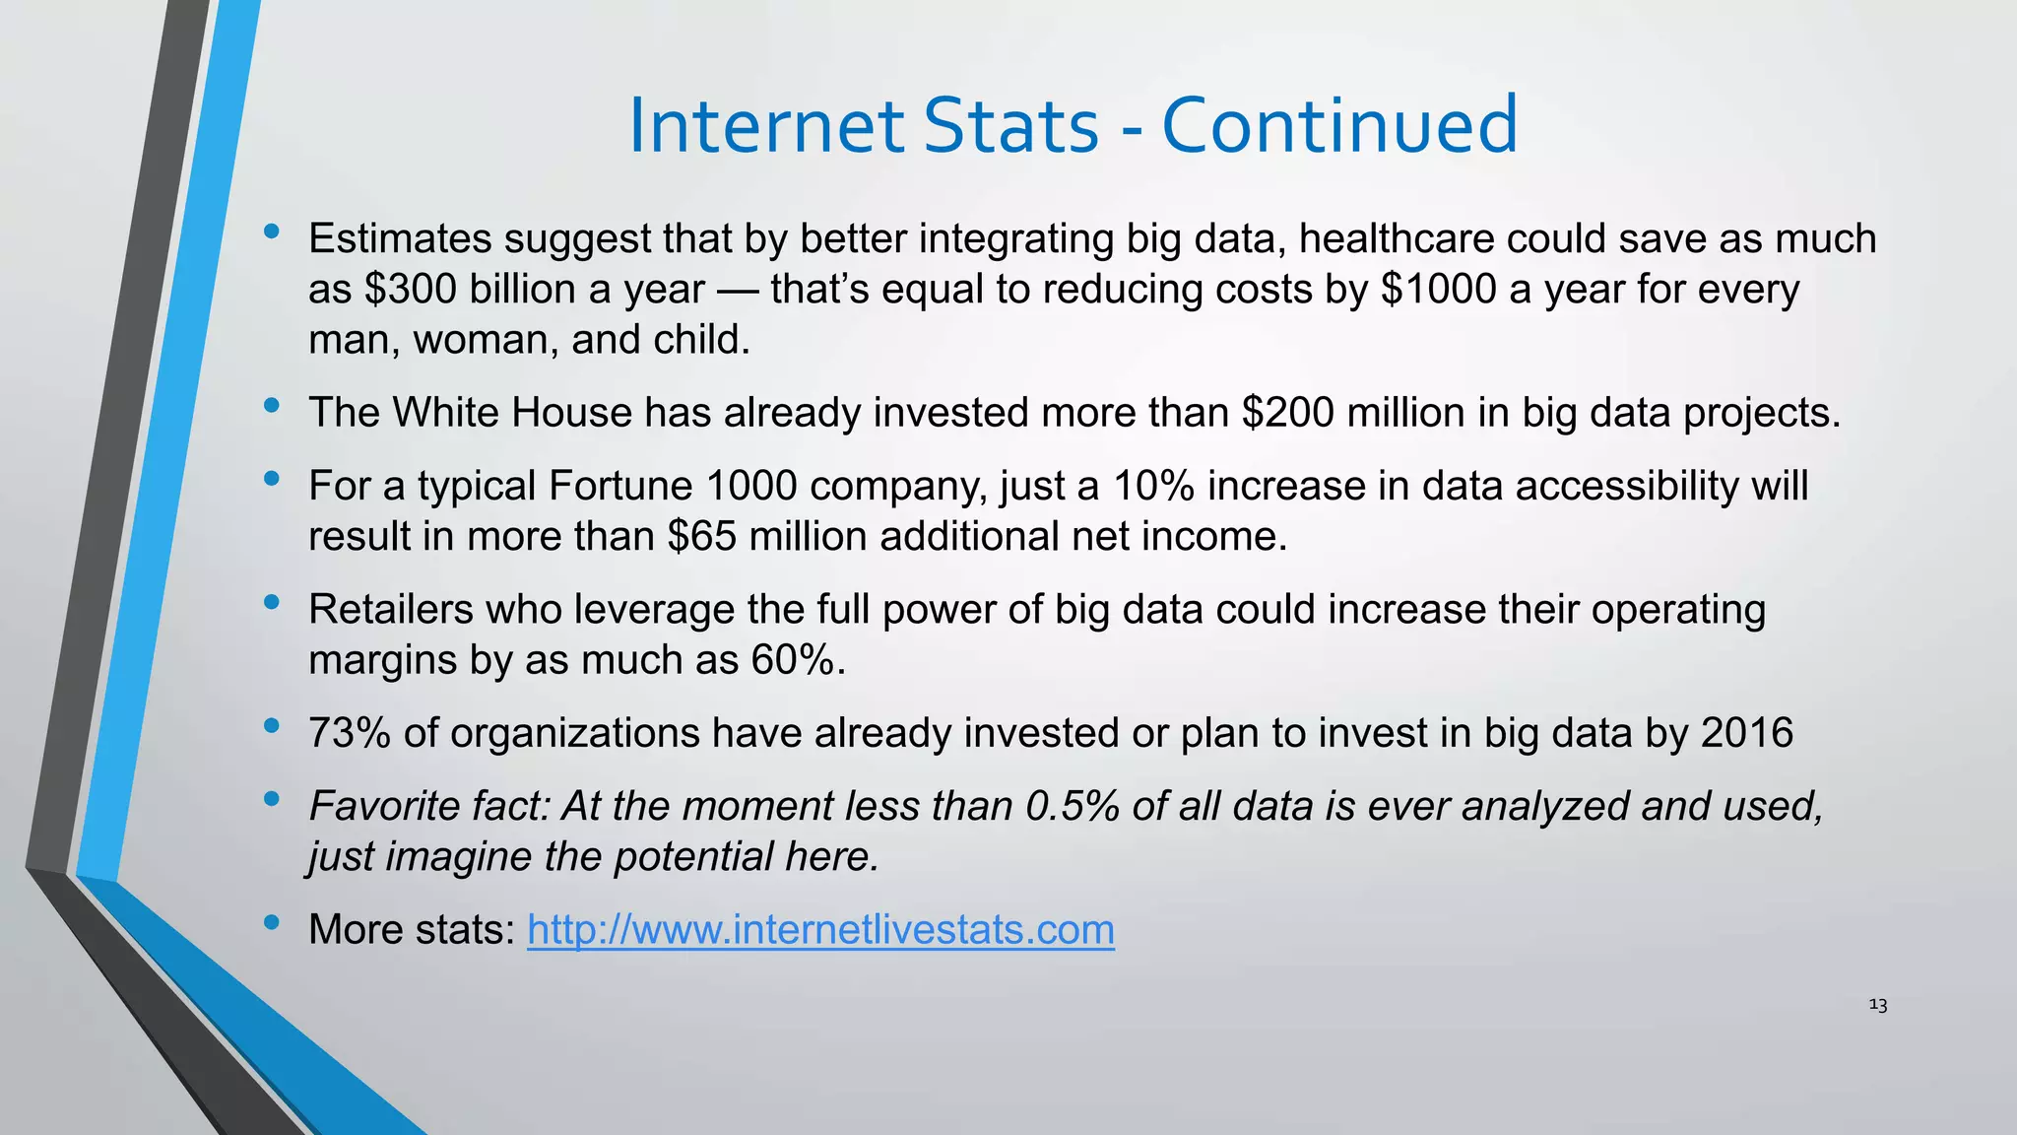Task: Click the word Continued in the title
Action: [1339, 126]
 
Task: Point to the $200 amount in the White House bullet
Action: [1288, 413]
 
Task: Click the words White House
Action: [512, 413]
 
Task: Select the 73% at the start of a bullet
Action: [349, 734]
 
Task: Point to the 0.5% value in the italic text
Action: [1073, 807]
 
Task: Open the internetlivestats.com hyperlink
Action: [820, 930]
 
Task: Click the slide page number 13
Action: [1877, 1005]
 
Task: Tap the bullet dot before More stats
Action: [272, 923]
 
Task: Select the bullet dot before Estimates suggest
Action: [272, 233]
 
